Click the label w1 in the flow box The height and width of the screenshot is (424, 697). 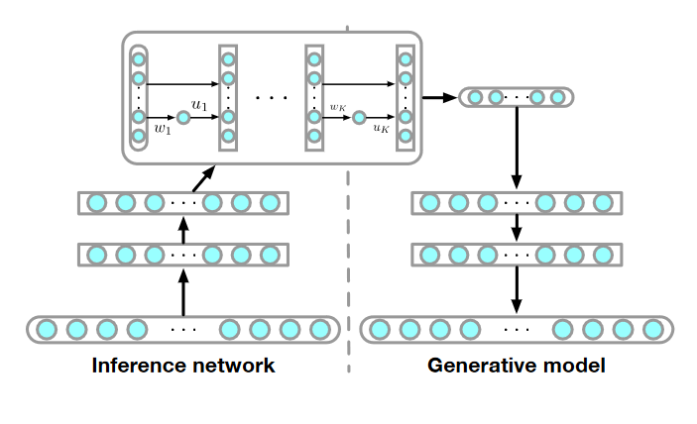coord(163,131)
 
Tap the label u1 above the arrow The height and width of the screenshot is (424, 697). coord(198,103)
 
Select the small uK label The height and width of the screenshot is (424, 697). coord(381,129)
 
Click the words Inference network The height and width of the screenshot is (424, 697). coord(182,366)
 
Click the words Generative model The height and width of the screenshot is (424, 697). coord(517,366)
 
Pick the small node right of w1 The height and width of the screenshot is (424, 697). coord(183,117)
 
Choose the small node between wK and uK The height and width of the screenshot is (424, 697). coord(359,117)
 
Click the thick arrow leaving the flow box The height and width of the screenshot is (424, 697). coord(439,97)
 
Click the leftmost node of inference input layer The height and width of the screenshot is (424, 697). coord(46,328)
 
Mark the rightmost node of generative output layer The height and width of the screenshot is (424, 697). coord(652,328)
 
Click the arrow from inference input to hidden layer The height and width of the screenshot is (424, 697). coord(182,292)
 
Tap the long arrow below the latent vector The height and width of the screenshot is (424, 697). coord(516,149)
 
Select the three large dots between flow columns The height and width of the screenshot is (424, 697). coord(271,98)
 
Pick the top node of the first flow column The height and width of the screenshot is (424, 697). coord(139,58)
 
